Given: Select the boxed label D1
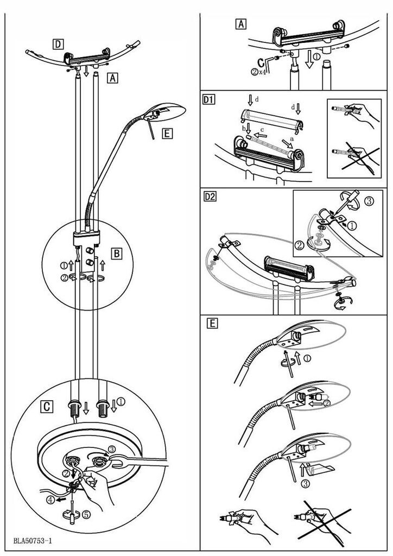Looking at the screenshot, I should pyautogui.click(x=209, y=100).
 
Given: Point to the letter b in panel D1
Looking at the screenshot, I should pyautogui.click(x=243, y=128).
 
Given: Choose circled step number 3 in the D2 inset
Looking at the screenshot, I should pyautogui.click(x=368, y=201).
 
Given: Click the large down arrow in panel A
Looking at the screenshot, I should pyautogui.click(x=309, y=59).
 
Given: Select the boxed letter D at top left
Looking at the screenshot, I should pyautogui.click(x=58, y=42).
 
